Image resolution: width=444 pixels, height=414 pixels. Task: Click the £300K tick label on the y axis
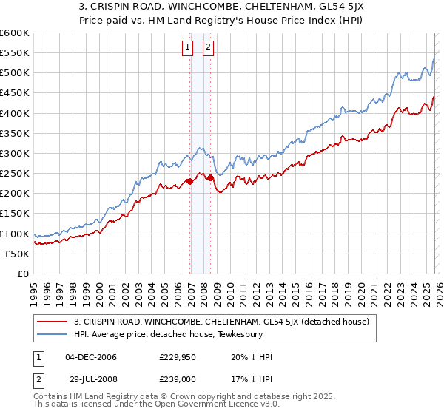pos(14,154)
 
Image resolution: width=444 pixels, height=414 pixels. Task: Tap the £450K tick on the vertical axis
pos(14,93)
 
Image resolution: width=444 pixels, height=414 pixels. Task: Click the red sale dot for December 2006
pos(189,181)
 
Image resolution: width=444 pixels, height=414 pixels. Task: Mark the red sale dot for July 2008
pos(211,177)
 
